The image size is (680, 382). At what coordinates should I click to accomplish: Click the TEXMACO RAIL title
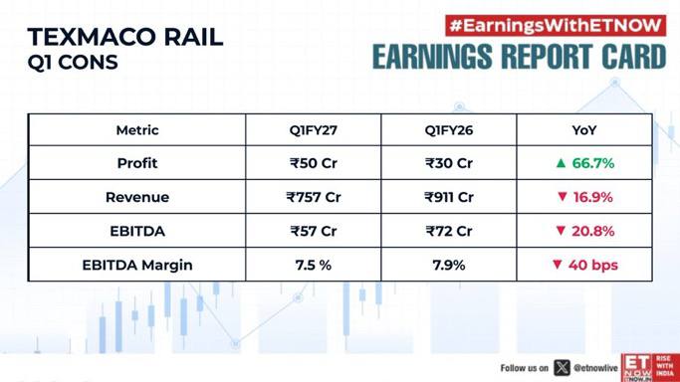click(125, 37)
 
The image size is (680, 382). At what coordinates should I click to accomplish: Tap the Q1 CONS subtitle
click(73, 63)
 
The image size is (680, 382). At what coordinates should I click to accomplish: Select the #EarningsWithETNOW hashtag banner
click(556, 26)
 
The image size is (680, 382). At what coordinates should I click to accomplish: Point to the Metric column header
click(137, 130)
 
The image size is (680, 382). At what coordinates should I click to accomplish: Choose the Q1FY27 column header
click(313, 130)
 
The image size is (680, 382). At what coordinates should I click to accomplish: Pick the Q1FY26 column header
click(449, 130)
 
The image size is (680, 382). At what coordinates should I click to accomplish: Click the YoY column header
click(584, 130)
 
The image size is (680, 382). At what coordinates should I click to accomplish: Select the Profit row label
click(137, 163)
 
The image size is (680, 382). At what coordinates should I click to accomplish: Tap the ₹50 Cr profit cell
click(313, 163)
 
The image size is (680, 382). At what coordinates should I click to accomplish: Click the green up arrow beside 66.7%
click(561, 163)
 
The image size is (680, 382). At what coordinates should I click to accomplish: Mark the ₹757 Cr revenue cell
click(313, 198)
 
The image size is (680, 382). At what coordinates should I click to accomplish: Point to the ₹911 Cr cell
click(449, 198)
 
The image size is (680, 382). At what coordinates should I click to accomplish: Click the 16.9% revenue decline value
click(592, 198)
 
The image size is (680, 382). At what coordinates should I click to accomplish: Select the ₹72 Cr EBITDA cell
click(449, 231)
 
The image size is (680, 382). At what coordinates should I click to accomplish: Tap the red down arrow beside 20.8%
click(561, 231)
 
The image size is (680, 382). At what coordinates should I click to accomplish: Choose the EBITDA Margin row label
click(137, 265)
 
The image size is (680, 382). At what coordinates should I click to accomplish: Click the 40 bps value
click(592, 265)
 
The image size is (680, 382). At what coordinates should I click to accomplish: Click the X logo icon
click(562, 368)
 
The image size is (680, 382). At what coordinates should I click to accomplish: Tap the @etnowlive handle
click(595, 368)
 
